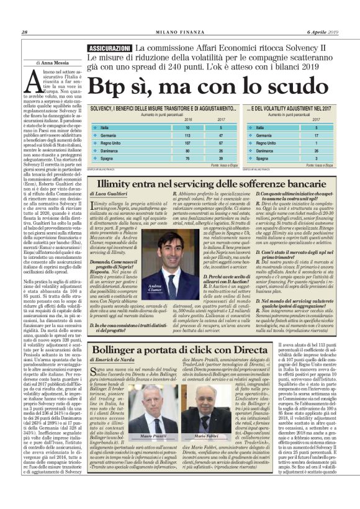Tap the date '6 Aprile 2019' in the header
[323, 33]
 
